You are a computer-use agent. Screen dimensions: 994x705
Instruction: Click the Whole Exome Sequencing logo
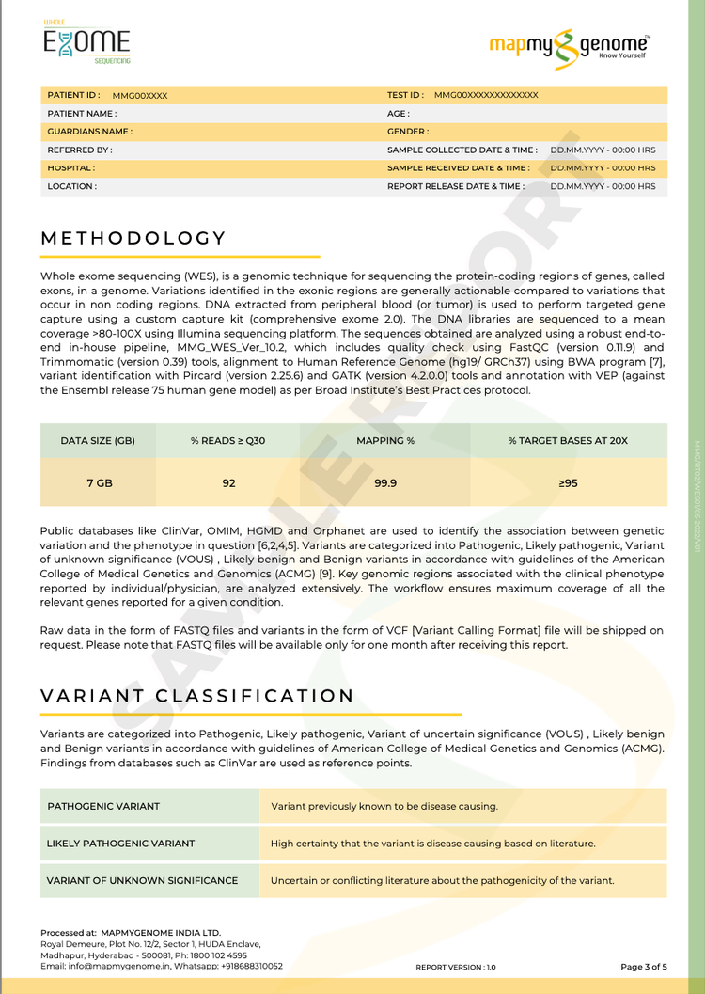point(86,42)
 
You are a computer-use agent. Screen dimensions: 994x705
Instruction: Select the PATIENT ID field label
point(73,95)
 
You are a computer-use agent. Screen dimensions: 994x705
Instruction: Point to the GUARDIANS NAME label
point(89,132)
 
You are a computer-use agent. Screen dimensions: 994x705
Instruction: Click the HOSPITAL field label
point(70,167)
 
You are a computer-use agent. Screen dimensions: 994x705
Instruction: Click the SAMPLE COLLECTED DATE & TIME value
point(603,150)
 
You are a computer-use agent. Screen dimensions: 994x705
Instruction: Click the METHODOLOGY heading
point(133,239)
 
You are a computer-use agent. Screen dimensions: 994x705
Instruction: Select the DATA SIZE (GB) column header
point(98,440)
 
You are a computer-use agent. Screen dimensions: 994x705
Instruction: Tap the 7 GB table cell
point(99,482)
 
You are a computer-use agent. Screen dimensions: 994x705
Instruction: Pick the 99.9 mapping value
point(385,482)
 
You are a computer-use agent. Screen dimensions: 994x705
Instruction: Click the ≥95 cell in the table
point(568,482)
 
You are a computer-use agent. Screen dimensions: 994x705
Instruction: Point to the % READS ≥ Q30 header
point(228,440)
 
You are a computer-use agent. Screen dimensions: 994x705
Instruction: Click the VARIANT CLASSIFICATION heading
point(197,696)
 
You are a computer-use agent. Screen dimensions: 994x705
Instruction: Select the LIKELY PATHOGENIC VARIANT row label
point(121,844)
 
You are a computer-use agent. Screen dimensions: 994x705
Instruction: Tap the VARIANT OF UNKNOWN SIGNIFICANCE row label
point(142,881)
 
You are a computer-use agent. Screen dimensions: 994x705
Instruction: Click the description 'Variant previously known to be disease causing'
point(384,806)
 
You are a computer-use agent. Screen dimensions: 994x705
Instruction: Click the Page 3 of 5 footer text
point(644,966)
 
